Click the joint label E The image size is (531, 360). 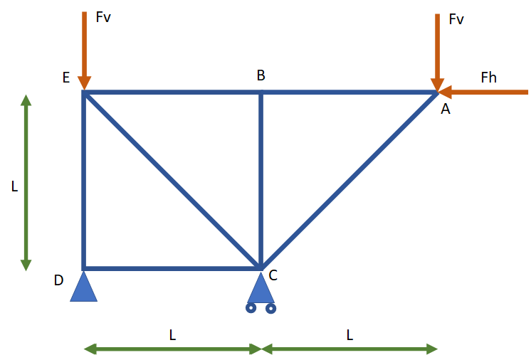pyautogui.click(x=65, y=78)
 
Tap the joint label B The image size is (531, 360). pyautogui.click(x=261, y=75)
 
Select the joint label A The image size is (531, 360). pyautogui.click(x=446, y=109)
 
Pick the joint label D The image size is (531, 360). pyautogui.click(x=58, y=280)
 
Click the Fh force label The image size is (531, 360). pyautogui.click(x=488, y=78)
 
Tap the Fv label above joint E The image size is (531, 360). pyautogui.click(x=103, y=17)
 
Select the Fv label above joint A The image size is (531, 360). pyautogui.click(x=456, y=19)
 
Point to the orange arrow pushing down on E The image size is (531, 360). pyautogui.click(x=84, y=50)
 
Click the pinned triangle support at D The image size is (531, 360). pyautogui.click(x=83, y=287)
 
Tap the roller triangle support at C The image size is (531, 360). pyautogui.click(x=261, y=287)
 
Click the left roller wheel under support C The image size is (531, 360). pyautogui.click(x=251, y=308)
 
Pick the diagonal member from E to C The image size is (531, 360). pyautogui.click(x=172, y=180)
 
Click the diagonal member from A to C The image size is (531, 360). pyautogui.click(x=349, y=180)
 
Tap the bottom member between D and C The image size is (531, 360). pyautogui.click(x=172, y=268)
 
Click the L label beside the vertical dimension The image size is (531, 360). pyautogui.click(x=14, y=186)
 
